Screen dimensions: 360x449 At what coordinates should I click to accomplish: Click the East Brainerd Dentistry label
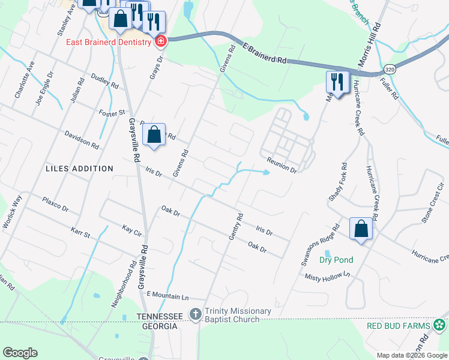[108, 42]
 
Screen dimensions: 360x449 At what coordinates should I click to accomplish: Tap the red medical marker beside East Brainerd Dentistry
[160, 41]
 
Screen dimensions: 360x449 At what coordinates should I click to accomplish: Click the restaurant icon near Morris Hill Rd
[337, 81]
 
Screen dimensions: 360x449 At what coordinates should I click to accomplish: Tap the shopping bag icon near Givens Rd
[154, 134]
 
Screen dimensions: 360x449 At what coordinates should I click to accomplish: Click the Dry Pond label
[336, 260]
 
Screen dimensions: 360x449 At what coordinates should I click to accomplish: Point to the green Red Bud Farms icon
[440, 325]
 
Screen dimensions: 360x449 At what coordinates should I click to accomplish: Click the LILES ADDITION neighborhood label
[79, 169]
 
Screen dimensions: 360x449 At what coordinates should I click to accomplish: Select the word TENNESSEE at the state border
[159, 316]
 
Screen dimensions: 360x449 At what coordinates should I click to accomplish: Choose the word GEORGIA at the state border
[159, 326]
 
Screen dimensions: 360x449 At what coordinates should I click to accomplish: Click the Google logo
[20, 353]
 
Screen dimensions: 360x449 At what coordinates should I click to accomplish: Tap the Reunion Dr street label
[282, 166]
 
